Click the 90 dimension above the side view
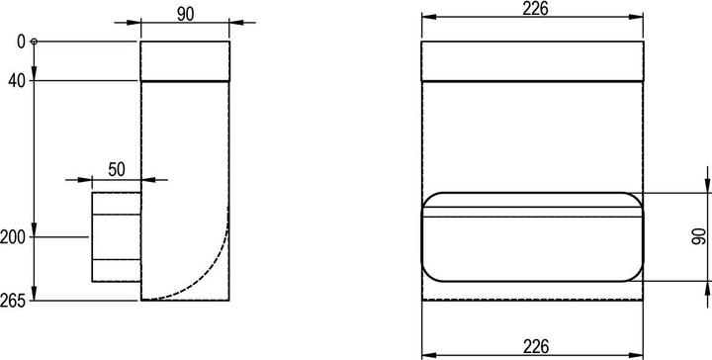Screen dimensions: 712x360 coord(185,14)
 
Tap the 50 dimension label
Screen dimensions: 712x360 coord(117,169)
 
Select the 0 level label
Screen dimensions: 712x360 coord(21,42)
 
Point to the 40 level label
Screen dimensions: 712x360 coord(17,82)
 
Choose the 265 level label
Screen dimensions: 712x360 coord(13,301)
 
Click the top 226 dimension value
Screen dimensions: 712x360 coord(535,8)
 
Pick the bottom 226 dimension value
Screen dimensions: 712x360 coord(535,346)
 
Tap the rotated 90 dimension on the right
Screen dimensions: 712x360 coord(698,236)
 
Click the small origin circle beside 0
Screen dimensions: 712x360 coord(34,42)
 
